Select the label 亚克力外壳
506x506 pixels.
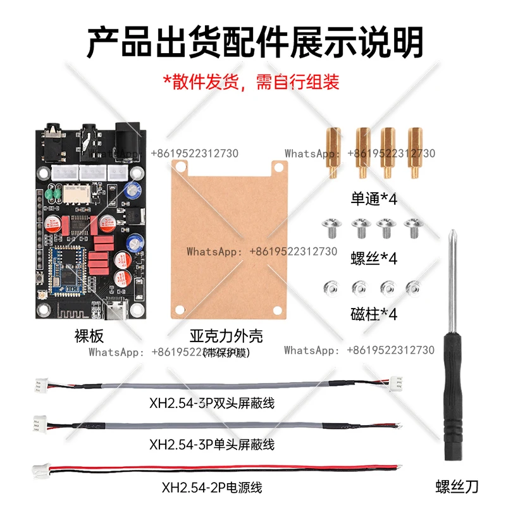(226, 335)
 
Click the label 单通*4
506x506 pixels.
(374, 199)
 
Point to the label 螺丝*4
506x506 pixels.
(374, 258)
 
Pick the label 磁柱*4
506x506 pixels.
(374, 313)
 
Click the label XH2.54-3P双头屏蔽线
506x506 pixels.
(212, 402)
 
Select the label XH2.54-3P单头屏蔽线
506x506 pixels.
(212, 445)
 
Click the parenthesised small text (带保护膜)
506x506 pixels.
(226, 352)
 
